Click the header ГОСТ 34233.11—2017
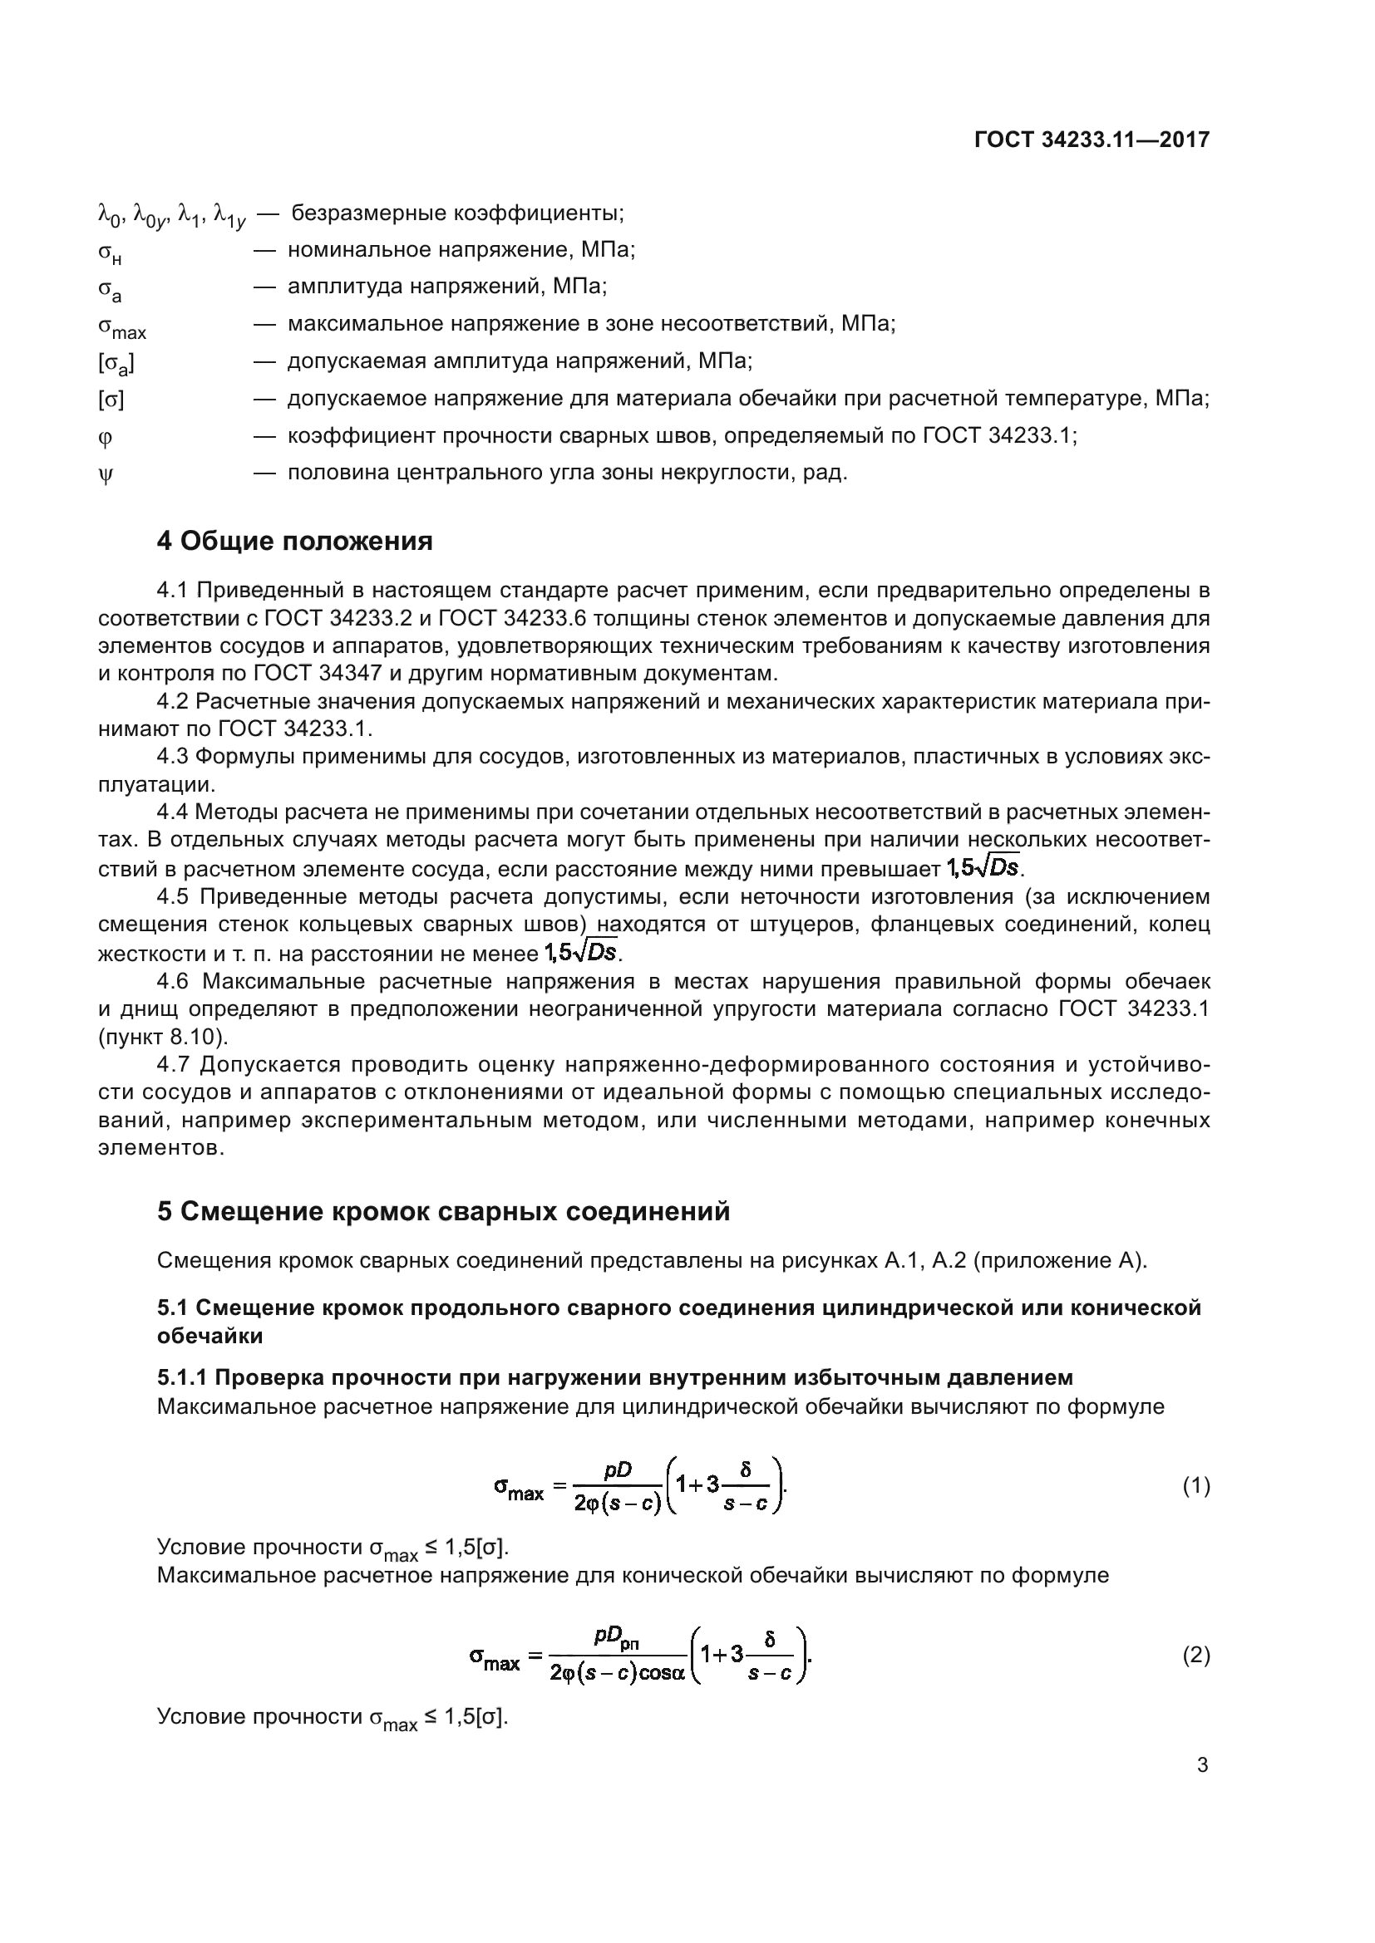click(1092, 140)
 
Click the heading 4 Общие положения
click(294, 541)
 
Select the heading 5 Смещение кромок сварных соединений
click(443, 1211)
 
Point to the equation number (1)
click(1195, 1486)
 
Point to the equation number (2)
click(1195, 1656)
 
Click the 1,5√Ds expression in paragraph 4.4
click(983, 867)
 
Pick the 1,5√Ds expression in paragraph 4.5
click(580, 952)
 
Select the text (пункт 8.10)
click(163, 1037)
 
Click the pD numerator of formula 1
click(617, 1471)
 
